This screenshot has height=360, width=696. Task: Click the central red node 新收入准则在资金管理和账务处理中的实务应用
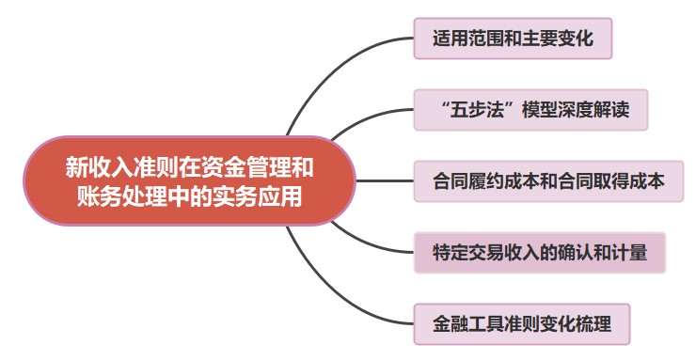pyautogui.click(x=189, y=180)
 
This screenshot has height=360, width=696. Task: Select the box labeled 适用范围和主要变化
pyautogui.click(x=513, y=40)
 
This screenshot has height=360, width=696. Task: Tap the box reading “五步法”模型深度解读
pyautogui.click(x=531, y=110)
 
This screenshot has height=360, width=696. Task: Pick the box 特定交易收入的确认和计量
pyautogui.click(x=539, y=252)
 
